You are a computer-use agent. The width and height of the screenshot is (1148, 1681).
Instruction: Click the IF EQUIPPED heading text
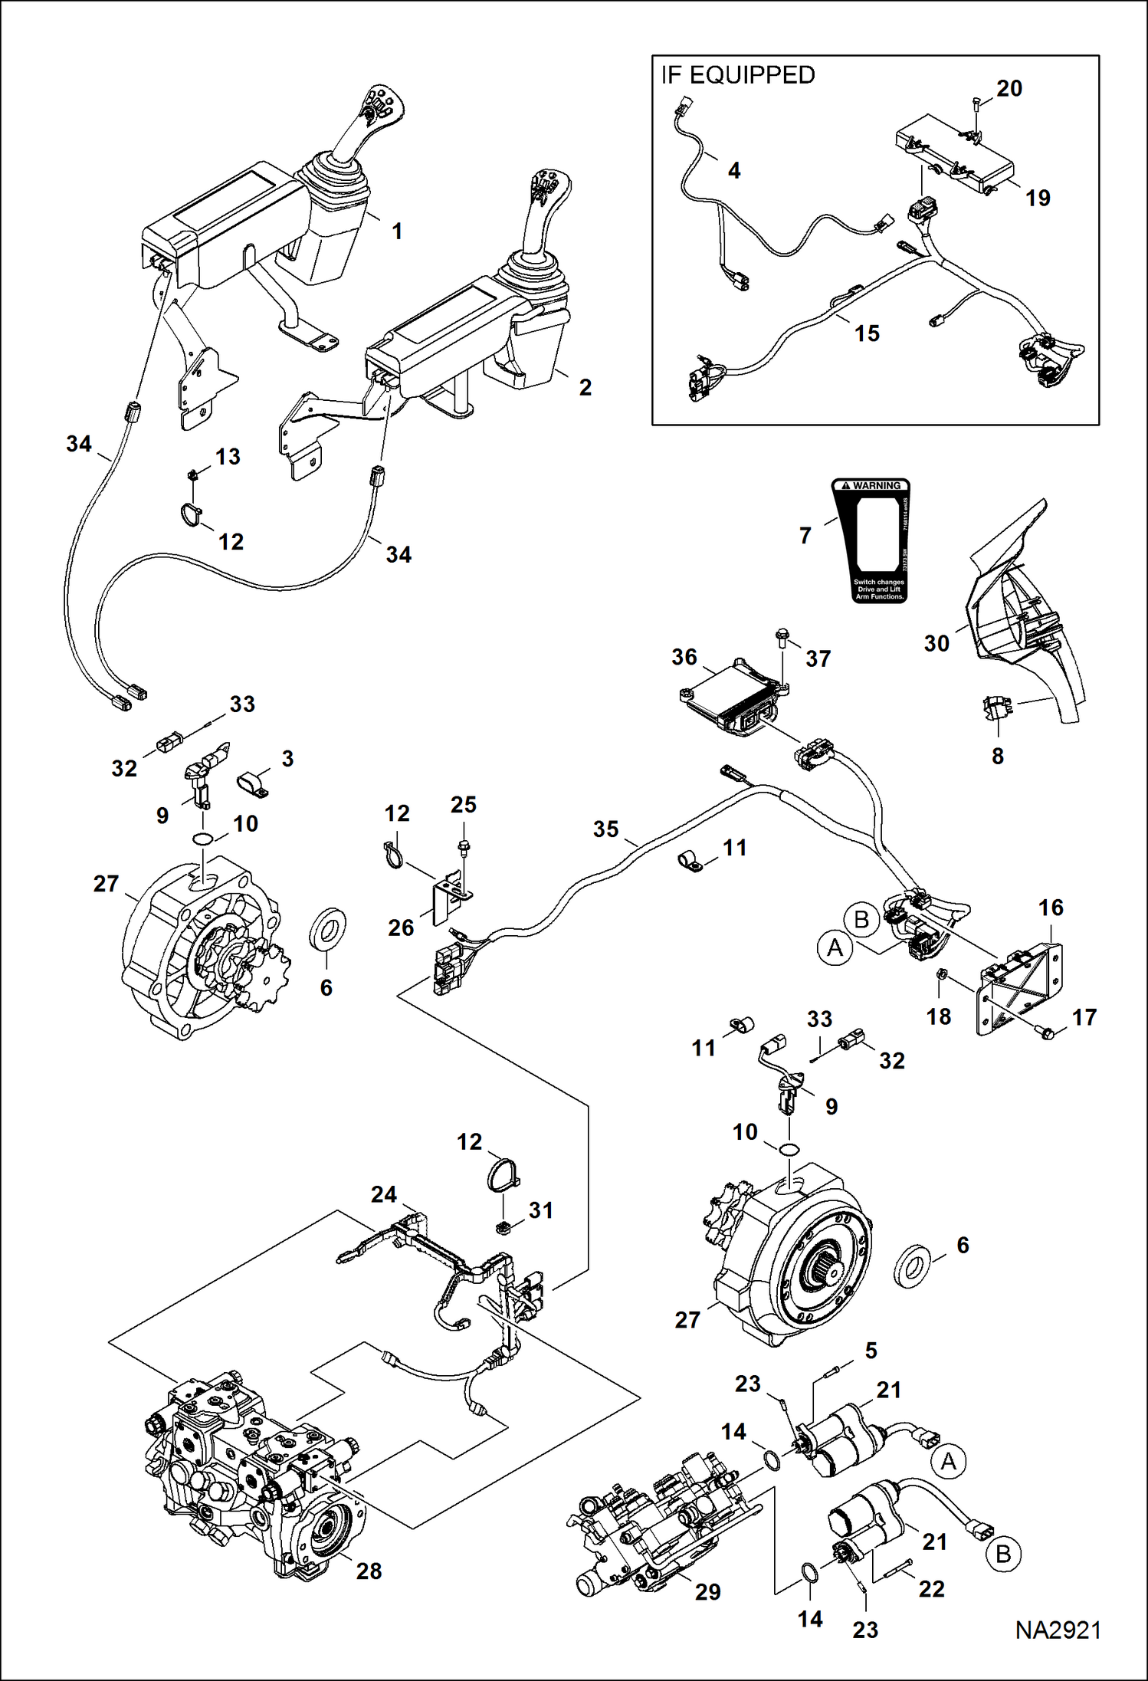pyautogui.click(x=737, y=75)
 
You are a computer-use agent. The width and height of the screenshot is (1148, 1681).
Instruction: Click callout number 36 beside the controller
pyautogui.click(x=684, y=657)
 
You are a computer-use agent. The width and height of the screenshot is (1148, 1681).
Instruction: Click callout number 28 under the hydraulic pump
pyautogui.click(x=369, y=1571)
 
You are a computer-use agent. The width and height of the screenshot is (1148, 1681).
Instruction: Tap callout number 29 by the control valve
pyautogui.click(x=707, y=1592)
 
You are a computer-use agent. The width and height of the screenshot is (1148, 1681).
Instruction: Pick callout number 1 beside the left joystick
pyautogui.click(x=397, y=231)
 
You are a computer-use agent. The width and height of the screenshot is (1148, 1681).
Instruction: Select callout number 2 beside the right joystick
pyautogui.click(x=585, y=387)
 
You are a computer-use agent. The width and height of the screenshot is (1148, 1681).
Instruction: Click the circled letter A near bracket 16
pyautogui.click(x=835, y=948)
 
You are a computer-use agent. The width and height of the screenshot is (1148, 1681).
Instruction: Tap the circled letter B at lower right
pyautogui.click(x=1002, y=1554)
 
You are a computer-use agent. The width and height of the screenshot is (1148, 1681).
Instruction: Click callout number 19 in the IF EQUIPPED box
pyautogui.click(x=1038, y=198)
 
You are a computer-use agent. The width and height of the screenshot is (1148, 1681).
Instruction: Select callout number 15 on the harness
pyautogui.click(x=867, y=333)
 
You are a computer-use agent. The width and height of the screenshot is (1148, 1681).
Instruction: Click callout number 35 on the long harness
pyautogui.click(x=605, y=829)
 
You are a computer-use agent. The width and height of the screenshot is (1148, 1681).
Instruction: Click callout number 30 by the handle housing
pyautogui.click(x=936, y=643)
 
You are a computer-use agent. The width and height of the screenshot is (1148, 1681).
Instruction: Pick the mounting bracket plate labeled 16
pyautogui.click(x=1023, y=988)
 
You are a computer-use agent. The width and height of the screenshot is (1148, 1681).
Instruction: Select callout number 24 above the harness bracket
pyautogui.click(x=384, y=1194)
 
